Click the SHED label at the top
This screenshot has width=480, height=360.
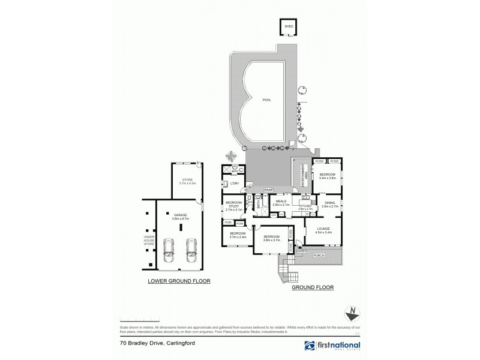point(289,26)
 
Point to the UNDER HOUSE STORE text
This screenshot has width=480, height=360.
point(148,240)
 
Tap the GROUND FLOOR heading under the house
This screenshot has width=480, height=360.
point(313,287)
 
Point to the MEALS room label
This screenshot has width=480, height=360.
point(281,202)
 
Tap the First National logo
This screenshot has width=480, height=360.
point(332,346)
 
